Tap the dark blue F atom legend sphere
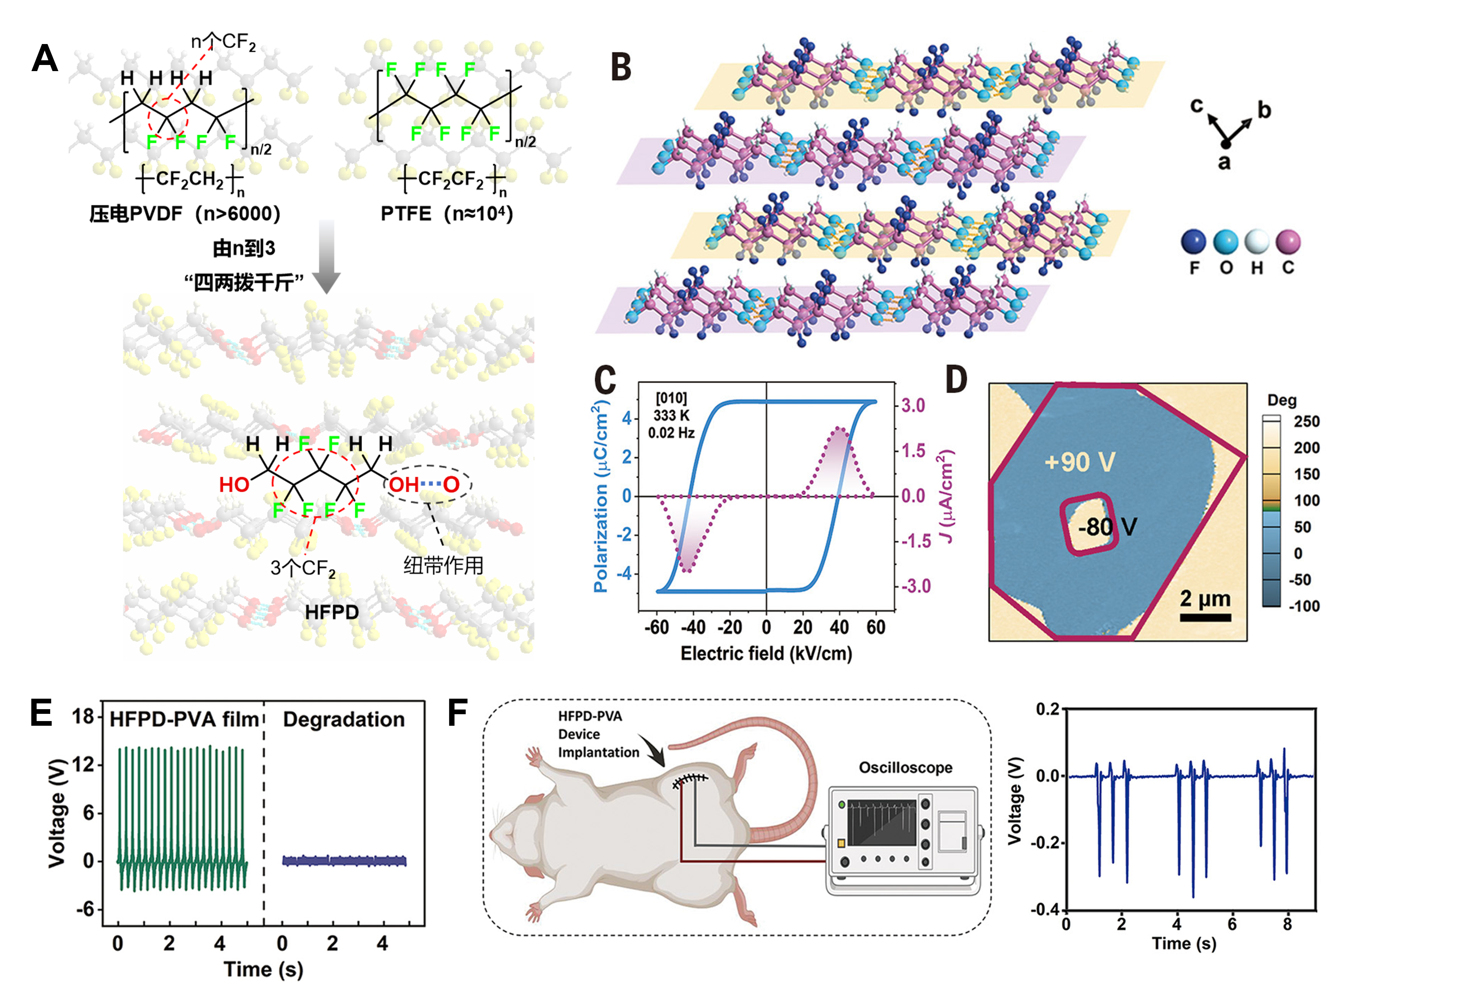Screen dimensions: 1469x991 1193,241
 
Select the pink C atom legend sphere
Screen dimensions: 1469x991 1288,241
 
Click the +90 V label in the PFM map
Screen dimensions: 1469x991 1080,462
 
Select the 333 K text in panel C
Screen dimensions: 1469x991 671,415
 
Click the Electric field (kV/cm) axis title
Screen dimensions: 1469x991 766,653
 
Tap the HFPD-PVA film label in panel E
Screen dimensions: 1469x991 184,719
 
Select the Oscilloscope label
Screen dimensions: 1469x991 905,767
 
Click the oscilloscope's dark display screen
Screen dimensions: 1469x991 881,822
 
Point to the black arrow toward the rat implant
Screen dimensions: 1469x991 652,750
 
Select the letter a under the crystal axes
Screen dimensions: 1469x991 1225,163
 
